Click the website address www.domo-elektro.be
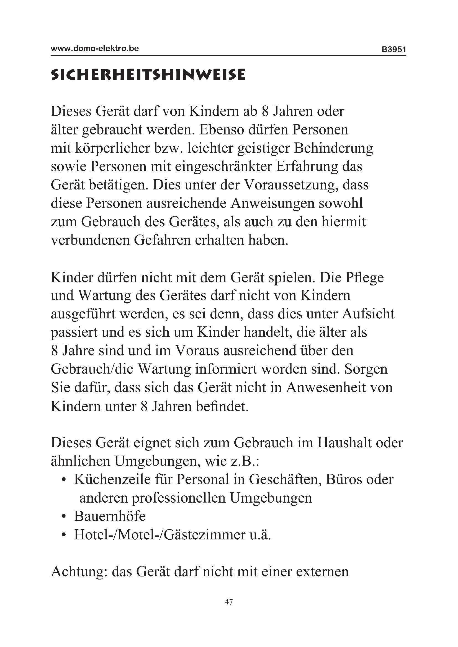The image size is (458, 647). [95, 48]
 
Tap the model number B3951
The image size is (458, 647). [394, 50]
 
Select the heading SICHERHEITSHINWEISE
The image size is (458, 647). [148, 75]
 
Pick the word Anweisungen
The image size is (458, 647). [272, 204]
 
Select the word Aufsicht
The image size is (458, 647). [368, 314]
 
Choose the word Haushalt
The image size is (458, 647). [346, 443]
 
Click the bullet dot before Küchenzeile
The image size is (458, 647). [64, 480]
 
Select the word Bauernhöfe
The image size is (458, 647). [110, 516]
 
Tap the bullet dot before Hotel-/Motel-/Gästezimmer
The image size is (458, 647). [64, 535]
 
